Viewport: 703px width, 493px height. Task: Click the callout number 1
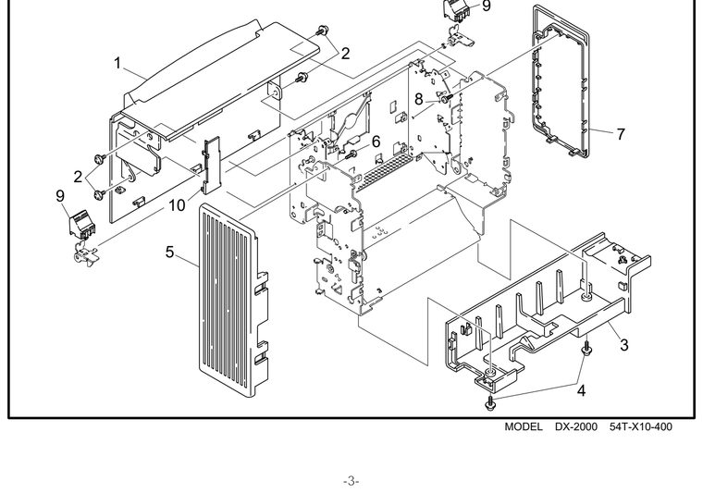(x=117, y=63)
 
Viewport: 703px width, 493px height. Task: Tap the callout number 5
(x=169, y=252)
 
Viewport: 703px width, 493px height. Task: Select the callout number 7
(x=621, y=134)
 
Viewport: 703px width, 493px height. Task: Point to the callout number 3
(x=624, y=345)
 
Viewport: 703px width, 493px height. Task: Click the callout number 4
(x=581, y=391)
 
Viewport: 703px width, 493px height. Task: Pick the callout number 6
(x=376, y=142)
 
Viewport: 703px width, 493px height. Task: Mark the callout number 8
(x=418, y=99)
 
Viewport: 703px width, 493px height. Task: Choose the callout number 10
(x=177, y=205)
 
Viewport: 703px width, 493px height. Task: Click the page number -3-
(x=351, y=481)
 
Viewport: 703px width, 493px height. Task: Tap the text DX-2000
(x=576, y=426)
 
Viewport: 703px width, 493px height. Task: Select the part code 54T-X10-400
(x=641, y=426)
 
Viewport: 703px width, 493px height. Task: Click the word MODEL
(x=524, y=426)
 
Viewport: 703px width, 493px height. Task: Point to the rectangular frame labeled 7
(x=561, y=80)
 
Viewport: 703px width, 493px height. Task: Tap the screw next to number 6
(x=351, y=154)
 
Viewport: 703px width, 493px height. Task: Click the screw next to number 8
(x=446, y=99)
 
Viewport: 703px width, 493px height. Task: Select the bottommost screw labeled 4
(x=489, y=404)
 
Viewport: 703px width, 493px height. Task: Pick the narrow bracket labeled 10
(x=212, y=166)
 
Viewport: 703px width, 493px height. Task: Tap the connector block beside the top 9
(x=456, y=11)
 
